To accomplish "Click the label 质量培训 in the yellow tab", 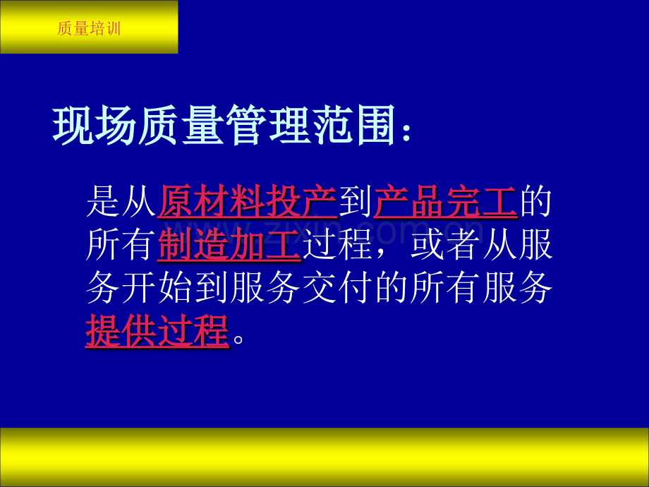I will coord(89,29).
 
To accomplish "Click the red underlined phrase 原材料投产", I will coord(248,202).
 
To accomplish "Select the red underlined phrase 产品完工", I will coord(445,202).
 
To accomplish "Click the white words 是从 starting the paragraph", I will coord(121,202).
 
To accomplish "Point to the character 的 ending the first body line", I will coord(535,202).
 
